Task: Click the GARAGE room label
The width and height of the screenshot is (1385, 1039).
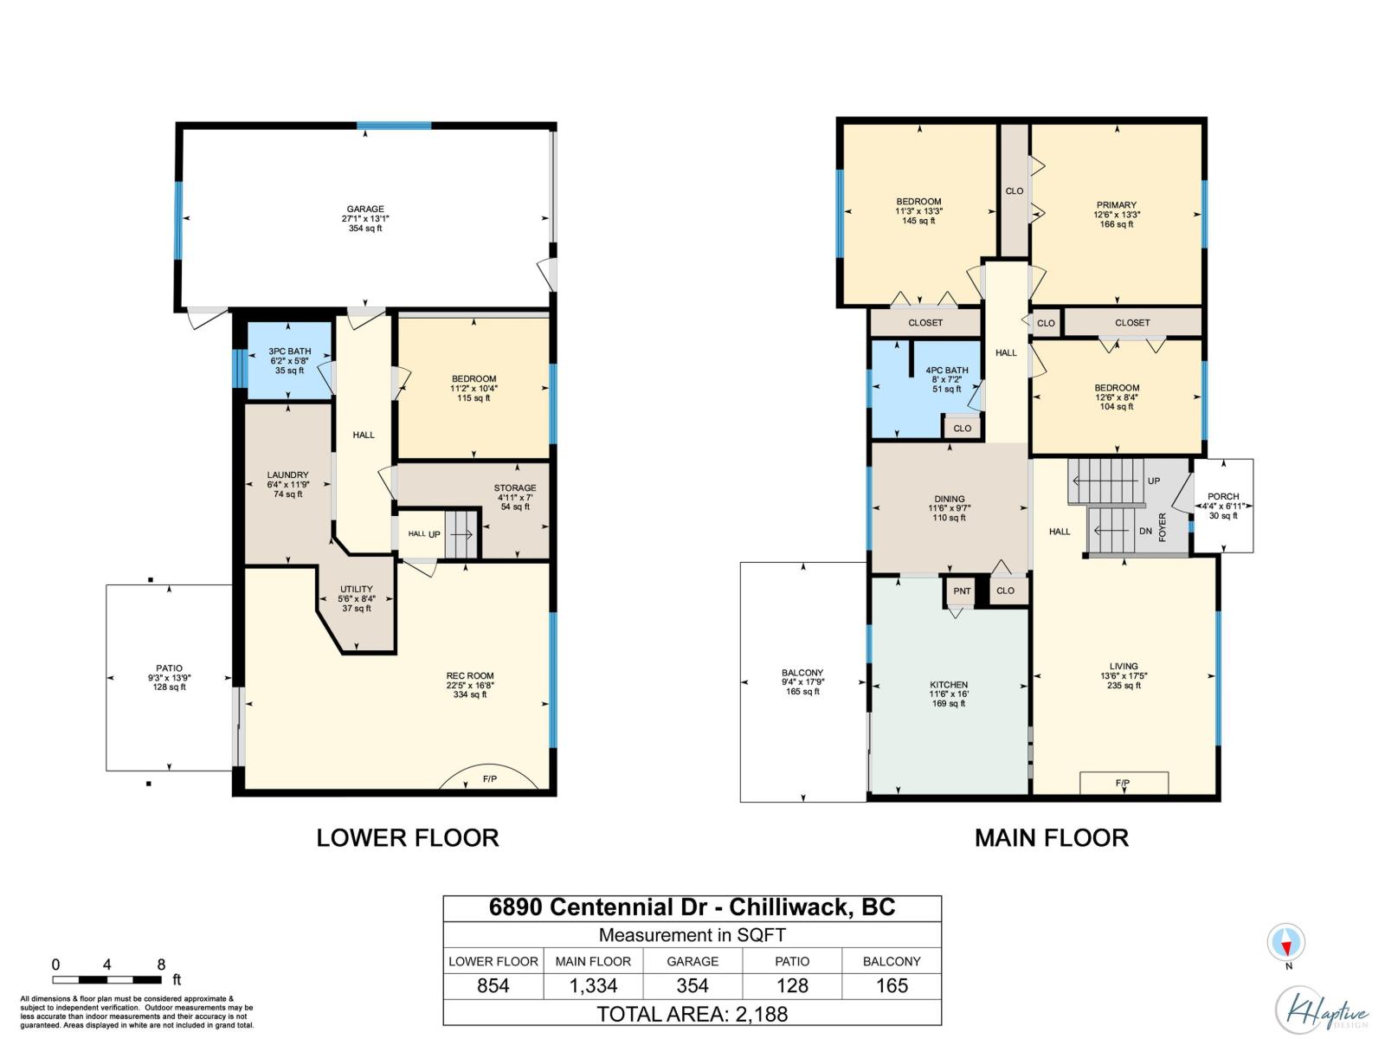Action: click(x=365, y=209)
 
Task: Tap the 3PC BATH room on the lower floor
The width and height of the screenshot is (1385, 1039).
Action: click(x=289, y=360)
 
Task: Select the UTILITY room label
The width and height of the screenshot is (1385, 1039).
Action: click(x=357, y=589)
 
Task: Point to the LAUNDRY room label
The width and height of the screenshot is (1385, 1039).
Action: click(x=287, y=475)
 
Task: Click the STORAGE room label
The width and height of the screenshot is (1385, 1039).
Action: click(x=515, y=487)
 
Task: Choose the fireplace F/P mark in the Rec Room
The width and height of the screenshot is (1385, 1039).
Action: click(x=490, y=779)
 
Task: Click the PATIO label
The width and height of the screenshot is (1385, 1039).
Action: click(x=169, y=668)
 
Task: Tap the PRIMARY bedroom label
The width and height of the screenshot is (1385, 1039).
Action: click(x=1116, y=205)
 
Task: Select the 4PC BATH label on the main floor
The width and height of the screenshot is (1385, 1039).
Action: click(x=946, y=371)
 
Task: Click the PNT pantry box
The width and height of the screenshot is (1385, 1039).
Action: click(x=962, y=591)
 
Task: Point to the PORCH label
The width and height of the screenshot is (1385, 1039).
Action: click(x=1223, y=496)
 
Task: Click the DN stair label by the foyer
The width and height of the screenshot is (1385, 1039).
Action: click(x=1145, y=531)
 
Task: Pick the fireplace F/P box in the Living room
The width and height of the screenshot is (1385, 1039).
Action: click(x=1124, y=783)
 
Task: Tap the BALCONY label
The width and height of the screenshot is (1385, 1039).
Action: click(x=802, y=673)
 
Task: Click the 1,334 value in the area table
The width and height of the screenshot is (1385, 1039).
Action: click(x=593, y=985)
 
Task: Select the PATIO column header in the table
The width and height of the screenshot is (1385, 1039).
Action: click(x=792, y=961)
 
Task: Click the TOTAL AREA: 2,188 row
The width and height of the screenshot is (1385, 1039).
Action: click(x=692, y=1015)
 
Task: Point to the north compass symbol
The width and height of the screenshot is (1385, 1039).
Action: click(x=1285, y=943)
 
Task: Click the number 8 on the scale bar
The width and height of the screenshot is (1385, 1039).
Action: click(x=162, y=965)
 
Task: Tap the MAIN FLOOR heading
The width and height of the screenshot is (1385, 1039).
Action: click(x=1051, y=838)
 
